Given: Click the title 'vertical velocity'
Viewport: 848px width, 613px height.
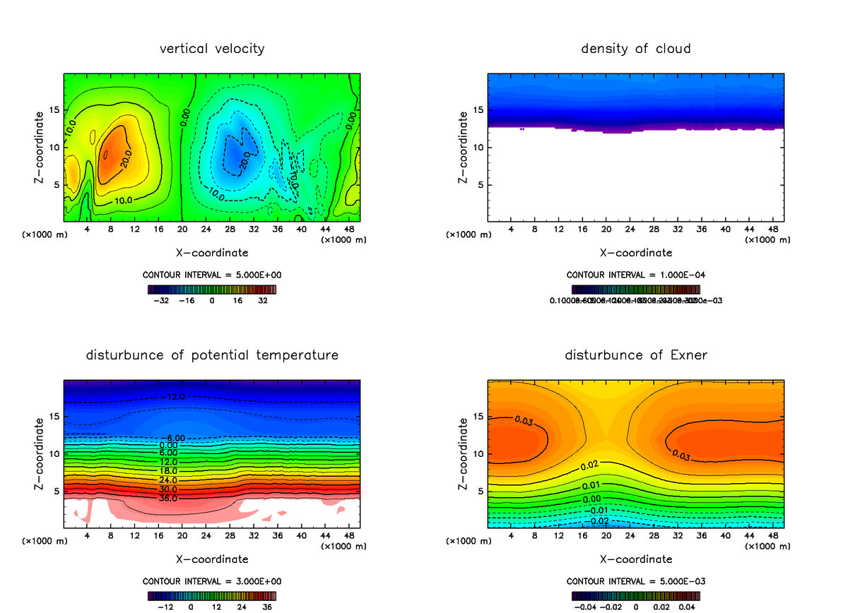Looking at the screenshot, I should tap(212, 49).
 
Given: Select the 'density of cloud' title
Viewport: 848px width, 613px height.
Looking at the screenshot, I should tap(635, 49).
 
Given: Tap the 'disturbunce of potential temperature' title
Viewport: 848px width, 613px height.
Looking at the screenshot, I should tap(212, 355).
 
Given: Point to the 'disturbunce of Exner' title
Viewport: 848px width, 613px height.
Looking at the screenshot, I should tap(635, 355).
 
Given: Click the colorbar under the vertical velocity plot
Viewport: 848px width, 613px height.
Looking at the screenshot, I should tap(212, 289).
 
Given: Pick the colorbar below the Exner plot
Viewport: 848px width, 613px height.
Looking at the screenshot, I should tap(635, 595).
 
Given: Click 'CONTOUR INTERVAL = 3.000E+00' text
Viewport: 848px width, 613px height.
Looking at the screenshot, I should tap(212, 581).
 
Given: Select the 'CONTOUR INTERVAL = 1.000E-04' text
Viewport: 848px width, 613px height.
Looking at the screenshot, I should tap(635, 275).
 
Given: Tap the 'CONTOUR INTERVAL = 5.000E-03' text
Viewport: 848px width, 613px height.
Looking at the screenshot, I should tap(635, 581).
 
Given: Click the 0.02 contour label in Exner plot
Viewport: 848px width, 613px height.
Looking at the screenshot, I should tap(589, 466).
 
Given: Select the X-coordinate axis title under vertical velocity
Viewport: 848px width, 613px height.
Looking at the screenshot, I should tap(212, 252).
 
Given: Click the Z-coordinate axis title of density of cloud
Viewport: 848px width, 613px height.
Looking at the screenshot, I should tap(464, 148).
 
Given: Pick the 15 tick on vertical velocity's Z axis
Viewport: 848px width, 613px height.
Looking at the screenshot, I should tap(54, 110).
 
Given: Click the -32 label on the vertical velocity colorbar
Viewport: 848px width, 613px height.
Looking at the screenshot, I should tap(163, 300).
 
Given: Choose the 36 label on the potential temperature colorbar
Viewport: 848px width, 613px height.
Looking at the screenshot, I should tap(268, 606).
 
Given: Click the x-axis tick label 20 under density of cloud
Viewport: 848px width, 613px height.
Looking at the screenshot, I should tap(606, 230).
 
